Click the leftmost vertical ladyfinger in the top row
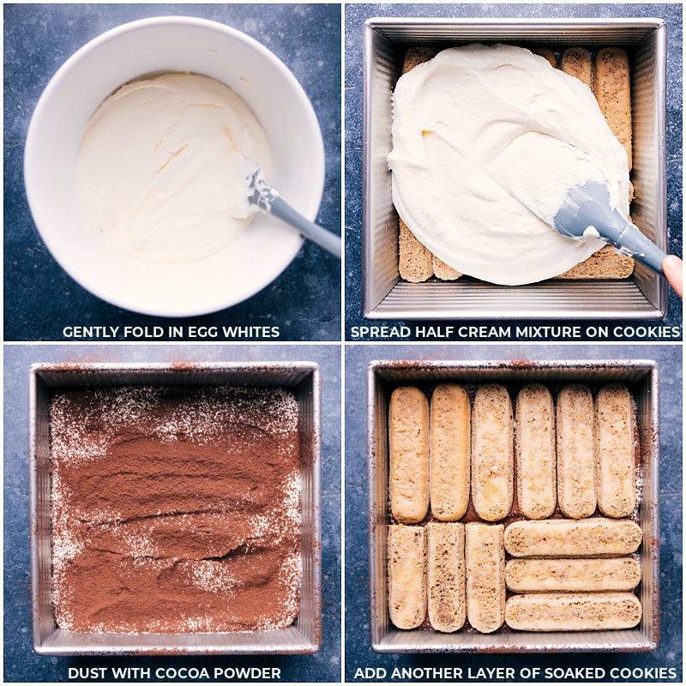409,454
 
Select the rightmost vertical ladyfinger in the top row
616,450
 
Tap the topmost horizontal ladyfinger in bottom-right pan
572,538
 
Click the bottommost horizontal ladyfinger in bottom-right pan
572,611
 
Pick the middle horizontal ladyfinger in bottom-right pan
572,575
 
